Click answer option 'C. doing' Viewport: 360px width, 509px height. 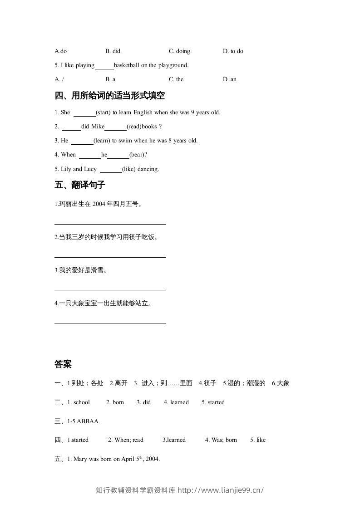point(179,51)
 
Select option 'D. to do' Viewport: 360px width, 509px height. point(233,51)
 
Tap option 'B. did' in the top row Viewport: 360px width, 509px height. point(113,51)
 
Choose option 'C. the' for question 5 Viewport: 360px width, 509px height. point(176,79)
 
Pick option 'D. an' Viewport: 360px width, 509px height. point(230,79)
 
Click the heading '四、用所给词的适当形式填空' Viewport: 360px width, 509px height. point(109,96)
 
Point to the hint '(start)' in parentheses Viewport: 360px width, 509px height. point(104,113)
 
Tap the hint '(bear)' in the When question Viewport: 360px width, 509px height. point(138,155)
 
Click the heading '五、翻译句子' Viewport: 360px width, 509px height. point(79,185)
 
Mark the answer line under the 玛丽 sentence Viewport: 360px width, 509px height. point(110,223)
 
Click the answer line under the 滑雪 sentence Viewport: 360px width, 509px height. point(110,289)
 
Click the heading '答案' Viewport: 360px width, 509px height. point(63,364)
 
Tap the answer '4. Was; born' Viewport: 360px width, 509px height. point(221,440)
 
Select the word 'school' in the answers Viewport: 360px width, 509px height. point(82,402)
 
